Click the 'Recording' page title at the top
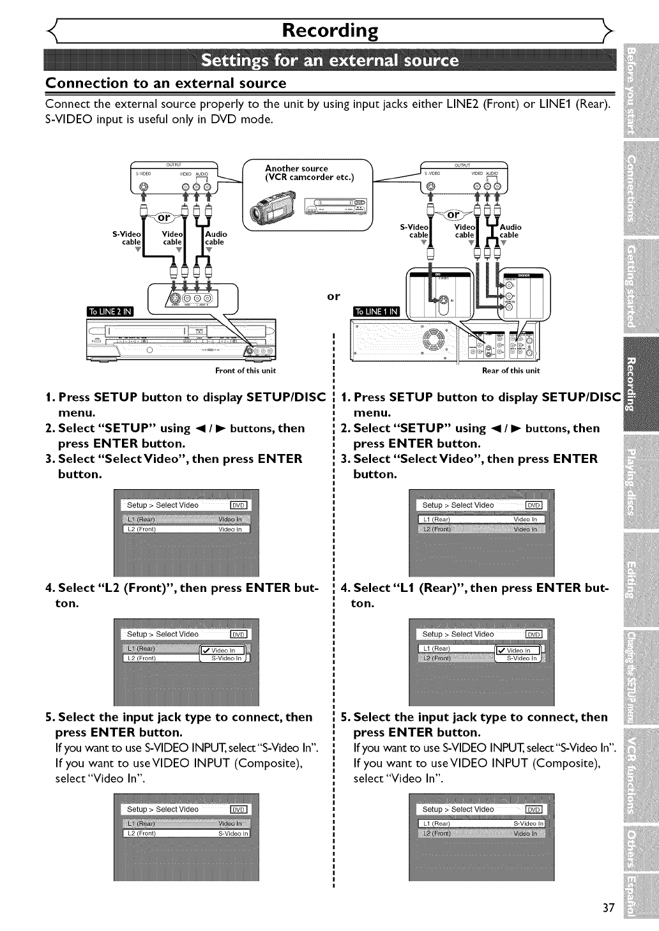(330, 30)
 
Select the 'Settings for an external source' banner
(329, 61)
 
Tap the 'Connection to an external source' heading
(166, 83)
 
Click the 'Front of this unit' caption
(245, 370)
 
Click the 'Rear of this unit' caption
(511, 370)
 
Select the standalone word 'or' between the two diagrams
(333, 296)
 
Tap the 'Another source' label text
(296, 169)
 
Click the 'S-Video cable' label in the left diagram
(125, 238)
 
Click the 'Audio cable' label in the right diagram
(510, 231)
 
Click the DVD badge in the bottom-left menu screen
(238, 809)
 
